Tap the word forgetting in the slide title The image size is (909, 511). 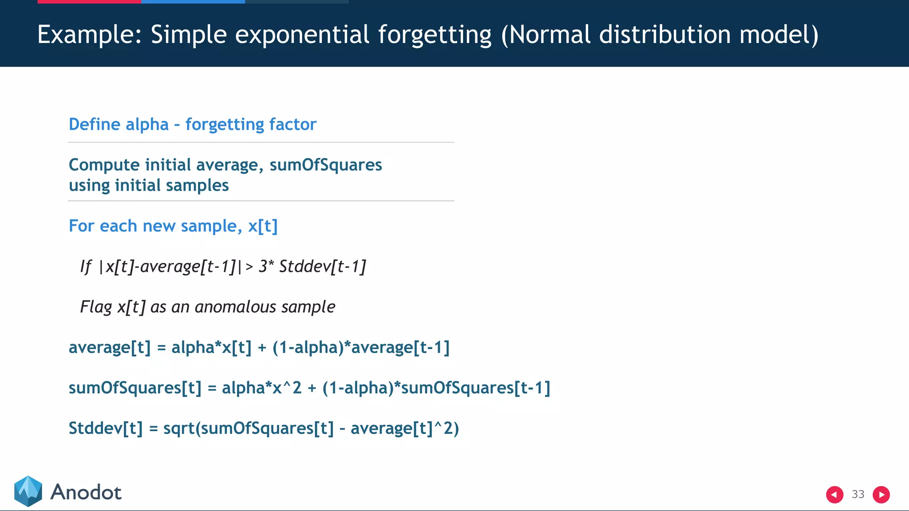(435, 35)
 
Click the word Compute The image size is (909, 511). (104, 165)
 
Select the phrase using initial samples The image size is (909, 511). (149, 185)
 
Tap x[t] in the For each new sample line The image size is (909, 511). (262, 226)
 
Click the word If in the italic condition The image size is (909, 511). (85, 266)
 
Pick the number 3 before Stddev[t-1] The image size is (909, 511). (263, 266)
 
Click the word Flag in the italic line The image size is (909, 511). (95, 307)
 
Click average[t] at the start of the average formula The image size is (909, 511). (110, 347)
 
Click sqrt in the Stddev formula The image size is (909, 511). (179, 428)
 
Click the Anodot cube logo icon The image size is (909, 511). (28, 491)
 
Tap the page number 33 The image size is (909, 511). (858, 494)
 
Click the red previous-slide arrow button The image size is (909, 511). (834, 495)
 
